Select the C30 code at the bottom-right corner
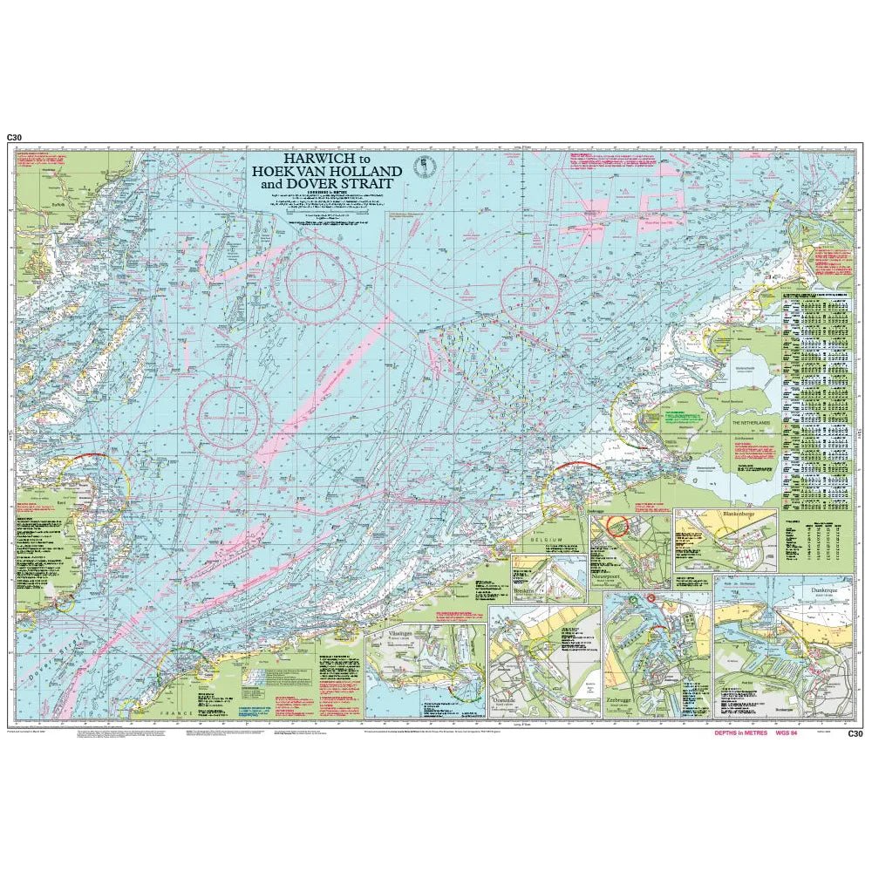[855, 734]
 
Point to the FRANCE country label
[174, 712]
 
